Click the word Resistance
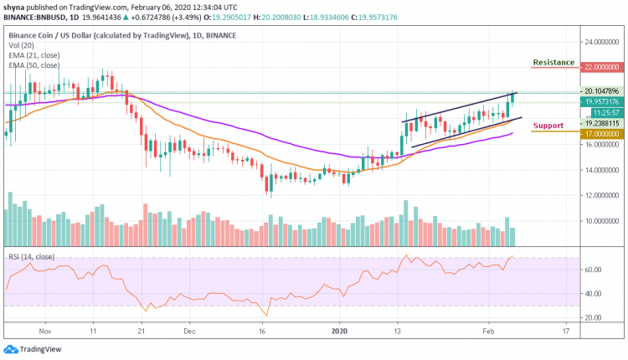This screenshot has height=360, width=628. pyautogui.click(x=553, y=62)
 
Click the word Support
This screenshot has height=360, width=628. pyautogui.click(x=548, y=126)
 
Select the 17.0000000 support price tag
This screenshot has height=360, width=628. pyautogui.click(x=601, y=131)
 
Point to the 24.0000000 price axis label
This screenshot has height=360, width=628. pyautogui.click(x=601, y=42)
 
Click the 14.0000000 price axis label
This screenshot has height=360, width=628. pyautogui.click(x=601, y=170)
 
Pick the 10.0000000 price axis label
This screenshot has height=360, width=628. pyautogui.click(x=601, y=221)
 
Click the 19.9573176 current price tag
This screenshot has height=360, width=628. pyautogui.click(x=601, y=100)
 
